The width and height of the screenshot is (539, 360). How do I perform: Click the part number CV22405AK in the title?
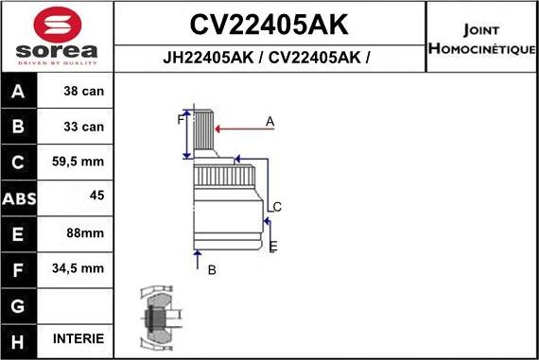(x=269, y=24)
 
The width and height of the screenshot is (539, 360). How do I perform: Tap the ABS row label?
(x=20, y=197)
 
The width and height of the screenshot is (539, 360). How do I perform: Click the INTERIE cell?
(x=79, y=338)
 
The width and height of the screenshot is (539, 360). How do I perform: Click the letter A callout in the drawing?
(x=270, y=121)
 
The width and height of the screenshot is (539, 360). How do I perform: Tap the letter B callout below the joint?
(x=212, y=269)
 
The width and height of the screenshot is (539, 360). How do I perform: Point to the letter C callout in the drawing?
(x=277, y=207)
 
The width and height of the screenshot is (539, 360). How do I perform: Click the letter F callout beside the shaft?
(x=180, y=120)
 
